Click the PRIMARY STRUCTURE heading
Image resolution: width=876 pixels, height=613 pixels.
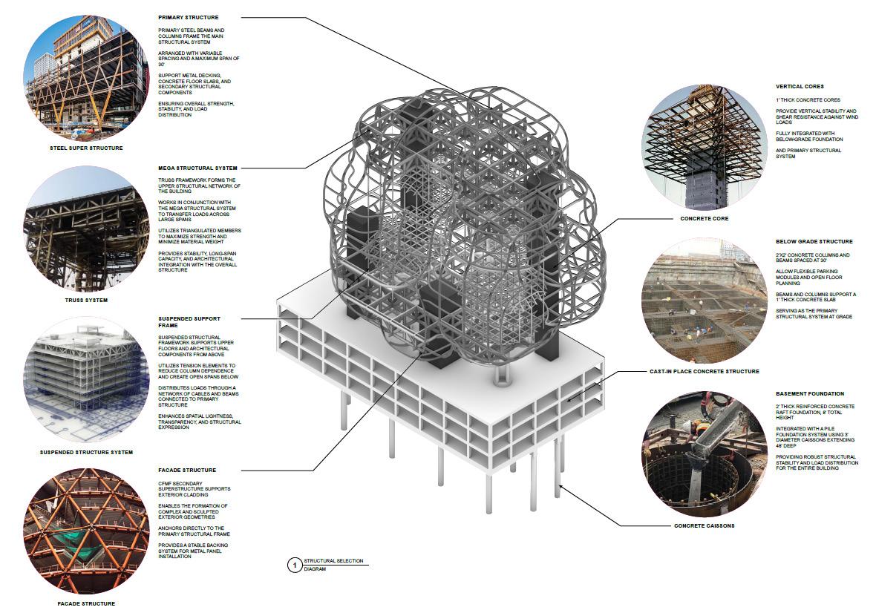189,17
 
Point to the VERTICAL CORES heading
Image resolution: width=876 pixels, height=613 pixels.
800,86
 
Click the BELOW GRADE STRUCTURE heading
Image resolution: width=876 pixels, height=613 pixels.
814,241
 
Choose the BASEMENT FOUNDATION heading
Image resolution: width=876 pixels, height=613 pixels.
810,394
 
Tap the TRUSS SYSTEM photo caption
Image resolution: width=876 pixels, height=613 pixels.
87,300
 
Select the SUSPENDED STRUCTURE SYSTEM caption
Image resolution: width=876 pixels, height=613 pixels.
87,452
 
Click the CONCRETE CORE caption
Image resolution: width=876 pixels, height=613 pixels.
705,219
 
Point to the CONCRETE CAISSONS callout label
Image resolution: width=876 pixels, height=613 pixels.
704,526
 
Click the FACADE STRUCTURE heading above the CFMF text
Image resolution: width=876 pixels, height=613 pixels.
187,470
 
